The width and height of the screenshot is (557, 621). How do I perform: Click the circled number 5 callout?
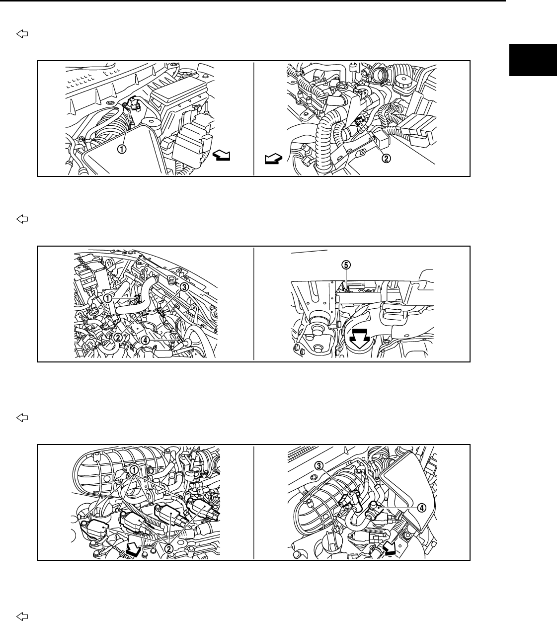[346, 266]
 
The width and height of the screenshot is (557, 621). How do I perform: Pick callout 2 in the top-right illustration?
[386, 159]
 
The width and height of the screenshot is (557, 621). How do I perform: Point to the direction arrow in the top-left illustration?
[221, 156]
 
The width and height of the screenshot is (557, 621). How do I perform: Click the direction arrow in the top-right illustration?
[274, 159]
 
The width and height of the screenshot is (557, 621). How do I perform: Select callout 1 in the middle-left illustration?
[108, 298]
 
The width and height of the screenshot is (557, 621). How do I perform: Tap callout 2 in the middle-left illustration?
[118, 337]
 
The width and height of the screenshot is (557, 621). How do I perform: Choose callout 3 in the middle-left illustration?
[184, 287]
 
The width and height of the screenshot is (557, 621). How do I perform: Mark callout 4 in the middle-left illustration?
[145, 341]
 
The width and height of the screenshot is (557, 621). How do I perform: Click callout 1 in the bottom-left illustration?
[134, 470]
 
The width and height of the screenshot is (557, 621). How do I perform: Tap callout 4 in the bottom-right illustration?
[421, 508]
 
